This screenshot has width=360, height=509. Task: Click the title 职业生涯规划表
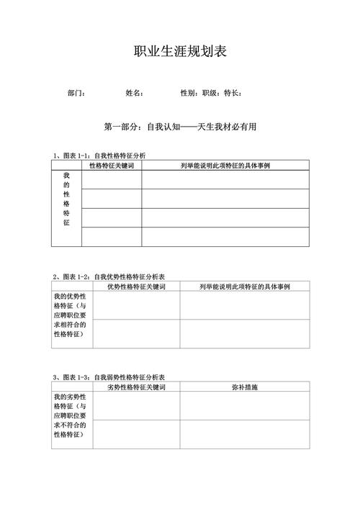click(x=180, y=52)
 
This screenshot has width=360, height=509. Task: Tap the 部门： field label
click(x=77, y=93)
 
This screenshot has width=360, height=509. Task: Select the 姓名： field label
click(x=135, y=93)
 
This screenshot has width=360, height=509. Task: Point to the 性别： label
click(x=189, y=93)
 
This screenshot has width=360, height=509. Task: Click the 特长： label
click(x=233, y=93)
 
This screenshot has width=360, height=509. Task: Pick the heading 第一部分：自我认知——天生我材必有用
click(x=180, y=127)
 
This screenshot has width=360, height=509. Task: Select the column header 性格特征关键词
click(x=112, y=166)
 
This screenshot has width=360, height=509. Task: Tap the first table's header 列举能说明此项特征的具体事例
click(x=225, y=166)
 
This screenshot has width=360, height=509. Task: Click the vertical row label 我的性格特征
click(x=66, y=199)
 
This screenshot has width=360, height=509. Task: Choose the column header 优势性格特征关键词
click(x=136, y=287)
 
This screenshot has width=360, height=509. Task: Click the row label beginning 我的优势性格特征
click(x=71, y=315)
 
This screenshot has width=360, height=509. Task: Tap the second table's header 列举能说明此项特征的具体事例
click(x=244, y=287)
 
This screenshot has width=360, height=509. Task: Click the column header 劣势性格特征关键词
click(x=136, y=387)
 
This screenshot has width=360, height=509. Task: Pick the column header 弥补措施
click(x=244, y=387)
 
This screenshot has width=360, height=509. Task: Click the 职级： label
click(x=211, y=93)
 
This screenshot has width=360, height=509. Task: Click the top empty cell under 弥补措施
click(x=244, y=405)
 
